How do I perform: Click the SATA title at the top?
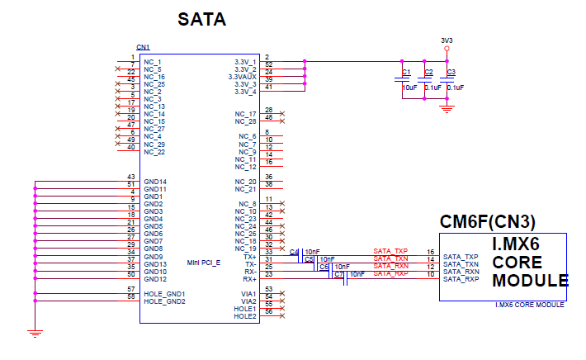click(203, 19)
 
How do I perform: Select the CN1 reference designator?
click(143, 46)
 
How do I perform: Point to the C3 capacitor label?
click(451, 73)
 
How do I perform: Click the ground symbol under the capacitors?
click(447, 108)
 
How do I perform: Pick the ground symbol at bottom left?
click(34, 333)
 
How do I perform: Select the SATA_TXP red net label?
click(390, 251)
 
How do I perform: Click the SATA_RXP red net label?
click(390, 273)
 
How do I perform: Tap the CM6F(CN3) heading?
click(487, 222)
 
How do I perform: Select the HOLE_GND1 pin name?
click(164, 294)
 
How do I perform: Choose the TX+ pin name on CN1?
click(249, 256)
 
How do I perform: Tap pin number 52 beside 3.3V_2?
click(269, 64)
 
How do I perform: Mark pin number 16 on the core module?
click(430, 251)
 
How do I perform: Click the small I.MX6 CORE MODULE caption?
click(529, 305)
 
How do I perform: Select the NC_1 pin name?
click(154, 62)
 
